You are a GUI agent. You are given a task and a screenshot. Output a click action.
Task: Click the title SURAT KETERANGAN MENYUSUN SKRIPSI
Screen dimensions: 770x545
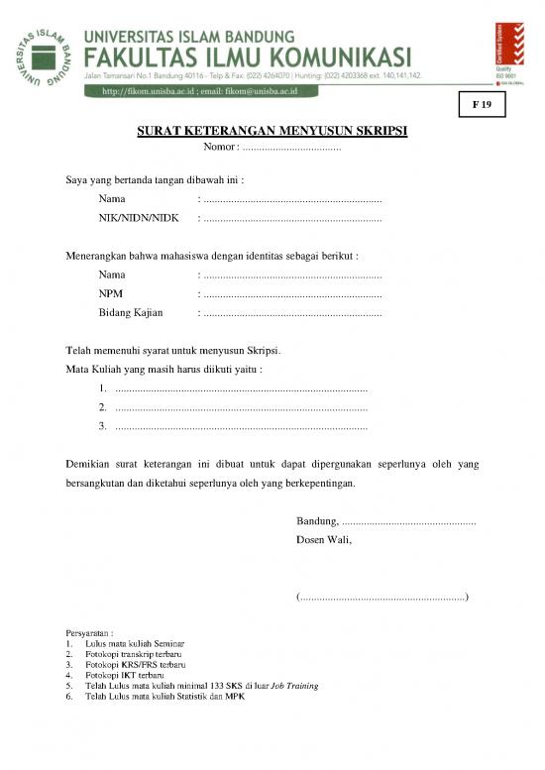point(272,131)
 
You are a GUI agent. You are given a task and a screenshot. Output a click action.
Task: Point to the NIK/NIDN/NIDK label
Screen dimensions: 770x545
point(138,218)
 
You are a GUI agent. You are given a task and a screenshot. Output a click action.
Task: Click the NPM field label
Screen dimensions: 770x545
point(111,293)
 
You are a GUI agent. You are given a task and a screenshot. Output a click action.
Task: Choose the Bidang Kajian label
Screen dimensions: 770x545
point(131,313)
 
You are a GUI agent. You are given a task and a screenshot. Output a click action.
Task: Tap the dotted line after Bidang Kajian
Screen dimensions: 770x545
point(292,314)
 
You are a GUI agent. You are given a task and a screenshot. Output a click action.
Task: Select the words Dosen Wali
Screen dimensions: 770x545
point(324,540)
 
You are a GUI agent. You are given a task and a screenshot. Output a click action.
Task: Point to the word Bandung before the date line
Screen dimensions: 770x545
point(317,521)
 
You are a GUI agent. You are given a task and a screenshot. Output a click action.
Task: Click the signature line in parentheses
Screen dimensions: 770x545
point(382,597)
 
